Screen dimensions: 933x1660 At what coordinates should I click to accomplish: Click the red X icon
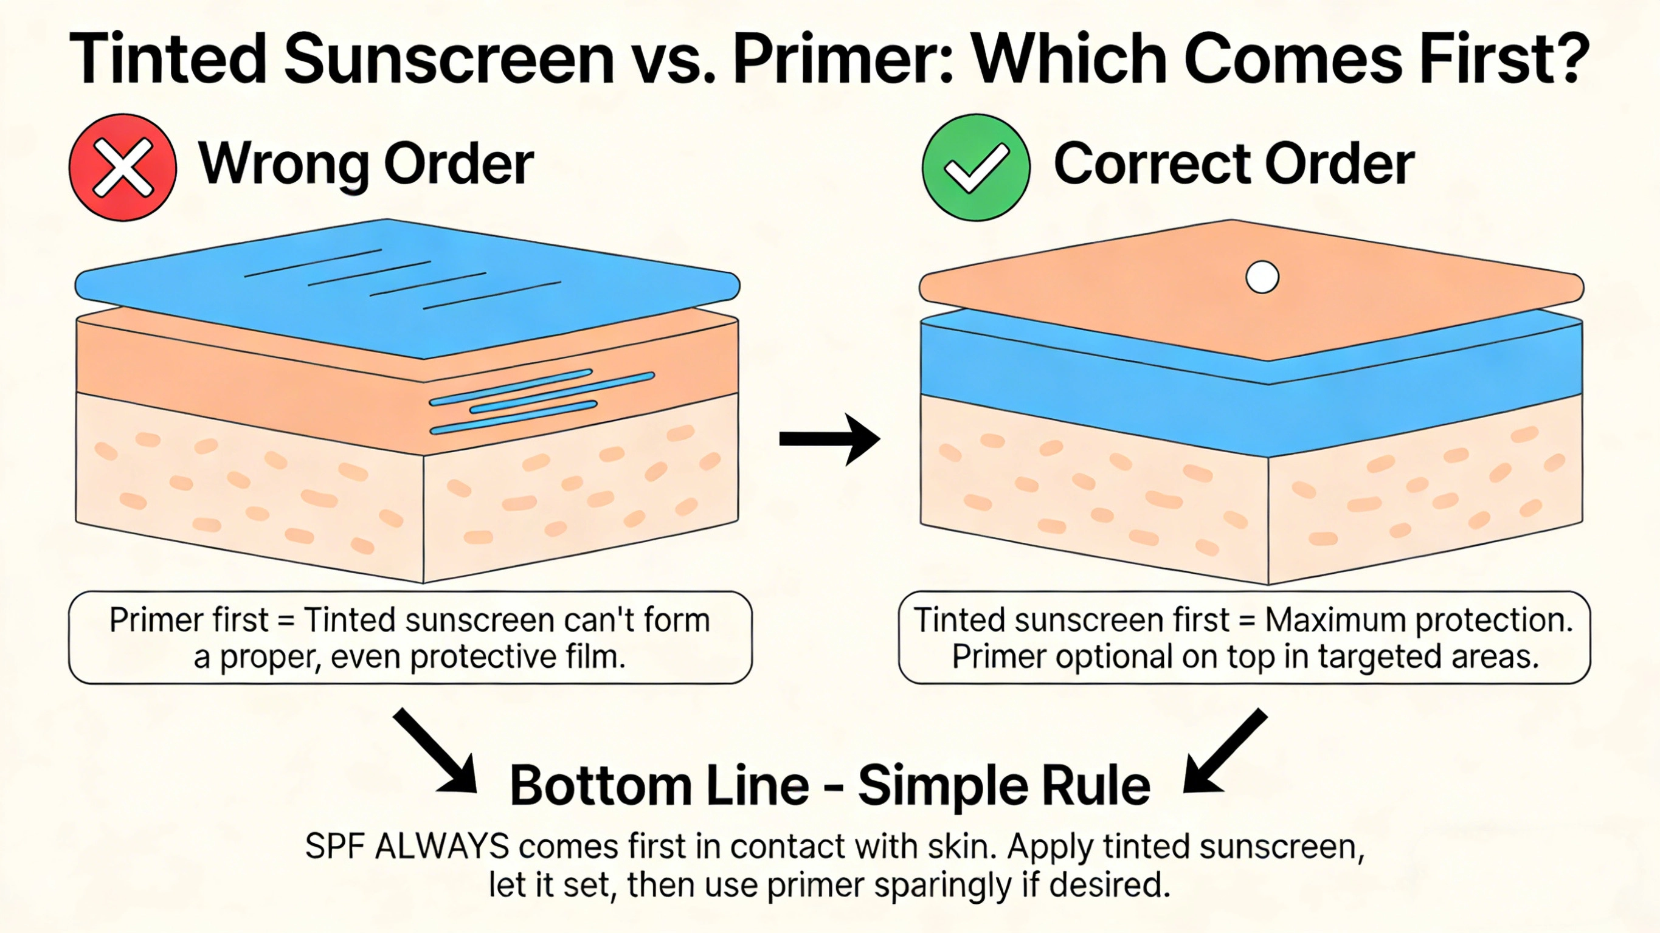tap(122, 168)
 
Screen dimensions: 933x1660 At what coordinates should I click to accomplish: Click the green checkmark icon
tap(976, 168)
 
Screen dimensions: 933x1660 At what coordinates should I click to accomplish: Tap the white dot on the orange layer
tap(1262, 277)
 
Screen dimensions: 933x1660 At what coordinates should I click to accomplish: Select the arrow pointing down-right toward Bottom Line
tap(435, 750)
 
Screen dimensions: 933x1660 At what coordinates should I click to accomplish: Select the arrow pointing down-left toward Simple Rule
tap(1225, 750)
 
